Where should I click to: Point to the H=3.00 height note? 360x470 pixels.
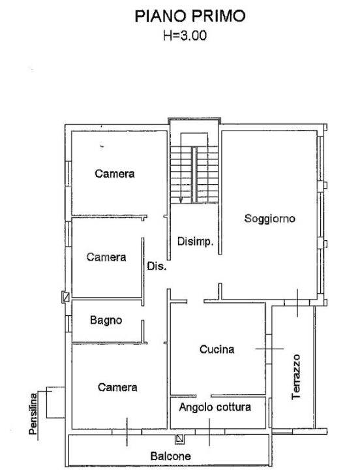point(189,37)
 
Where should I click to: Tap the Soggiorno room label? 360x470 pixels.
point(269,219)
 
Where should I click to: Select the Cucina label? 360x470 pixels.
point(217,350)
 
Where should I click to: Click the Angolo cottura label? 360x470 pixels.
point(215,407)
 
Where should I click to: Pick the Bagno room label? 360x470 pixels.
point(106,321)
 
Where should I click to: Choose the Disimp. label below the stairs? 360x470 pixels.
point(195,242)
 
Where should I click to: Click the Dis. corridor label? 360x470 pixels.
point(157,266)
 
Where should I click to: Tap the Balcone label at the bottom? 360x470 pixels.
point(170,456)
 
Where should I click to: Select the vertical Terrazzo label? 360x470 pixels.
point(297,377)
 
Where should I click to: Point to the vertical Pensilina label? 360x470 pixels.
point(33,415)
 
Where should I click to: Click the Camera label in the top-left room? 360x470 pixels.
point(114,174)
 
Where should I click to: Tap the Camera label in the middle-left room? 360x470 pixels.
point(106,257)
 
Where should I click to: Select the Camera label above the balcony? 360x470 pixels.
point(117,387)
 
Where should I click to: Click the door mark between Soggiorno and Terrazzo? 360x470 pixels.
point(296,302)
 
